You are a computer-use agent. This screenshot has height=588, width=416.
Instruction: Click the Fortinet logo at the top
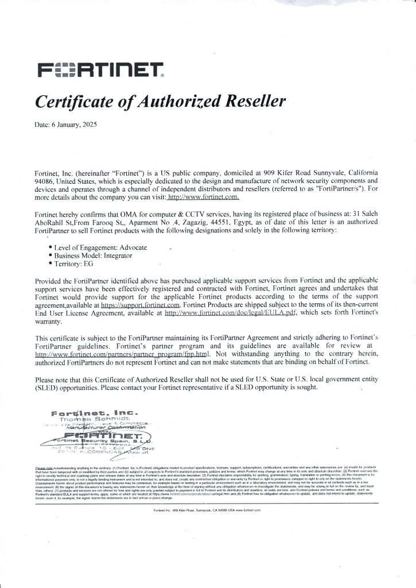100,69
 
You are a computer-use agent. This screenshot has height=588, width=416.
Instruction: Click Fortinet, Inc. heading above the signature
95,412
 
